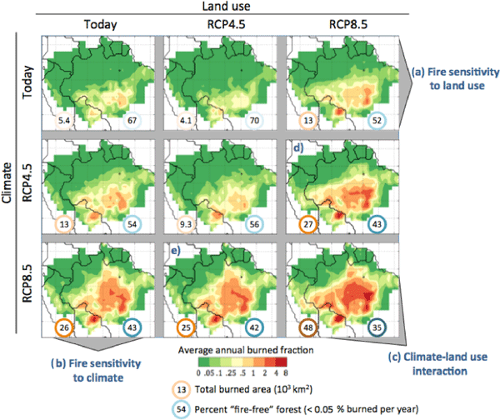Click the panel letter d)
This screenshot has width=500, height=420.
pyautogui.click(x=298, y=148)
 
